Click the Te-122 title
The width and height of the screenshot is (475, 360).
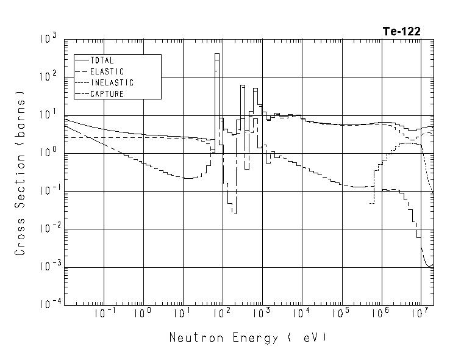coord(401,32)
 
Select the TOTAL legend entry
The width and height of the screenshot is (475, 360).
coord(102,60)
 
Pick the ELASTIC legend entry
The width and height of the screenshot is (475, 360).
coord(107,71)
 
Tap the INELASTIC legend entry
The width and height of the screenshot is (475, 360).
coord(112,82)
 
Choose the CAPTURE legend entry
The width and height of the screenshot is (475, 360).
coord(107,94)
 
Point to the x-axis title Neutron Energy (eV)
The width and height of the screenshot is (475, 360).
coord(248,337)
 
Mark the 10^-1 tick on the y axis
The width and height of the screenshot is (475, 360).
coord(48,191)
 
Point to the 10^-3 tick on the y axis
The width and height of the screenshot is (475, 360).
coord(48,267)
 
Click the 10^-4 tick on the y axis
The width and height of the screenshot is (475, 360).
coord(48,304)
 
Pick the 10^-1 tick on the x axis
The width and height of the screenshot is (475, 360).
coord(105,314)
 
